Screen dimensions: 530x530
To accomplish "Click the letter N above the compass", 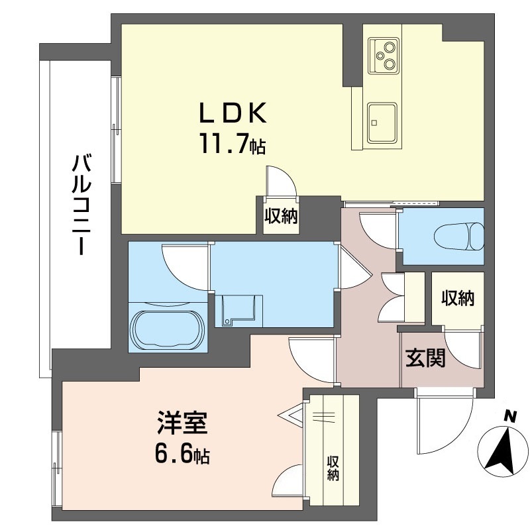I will coord(509,417).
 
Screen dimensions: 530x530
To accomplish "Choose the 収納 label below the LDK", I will coord(281,217).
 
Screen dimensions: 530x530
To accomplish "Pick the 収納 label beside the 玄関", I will coord(458,298).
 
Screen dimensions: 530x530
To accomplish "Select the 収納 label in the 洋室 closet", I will coord(333,468).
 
